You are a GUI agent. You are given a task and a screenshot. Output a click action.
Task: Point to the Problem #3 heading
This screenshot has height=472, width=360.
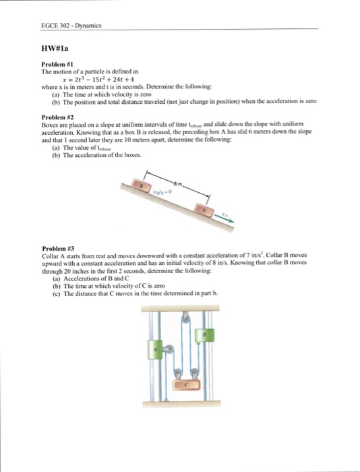click(x=58, y=247)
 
